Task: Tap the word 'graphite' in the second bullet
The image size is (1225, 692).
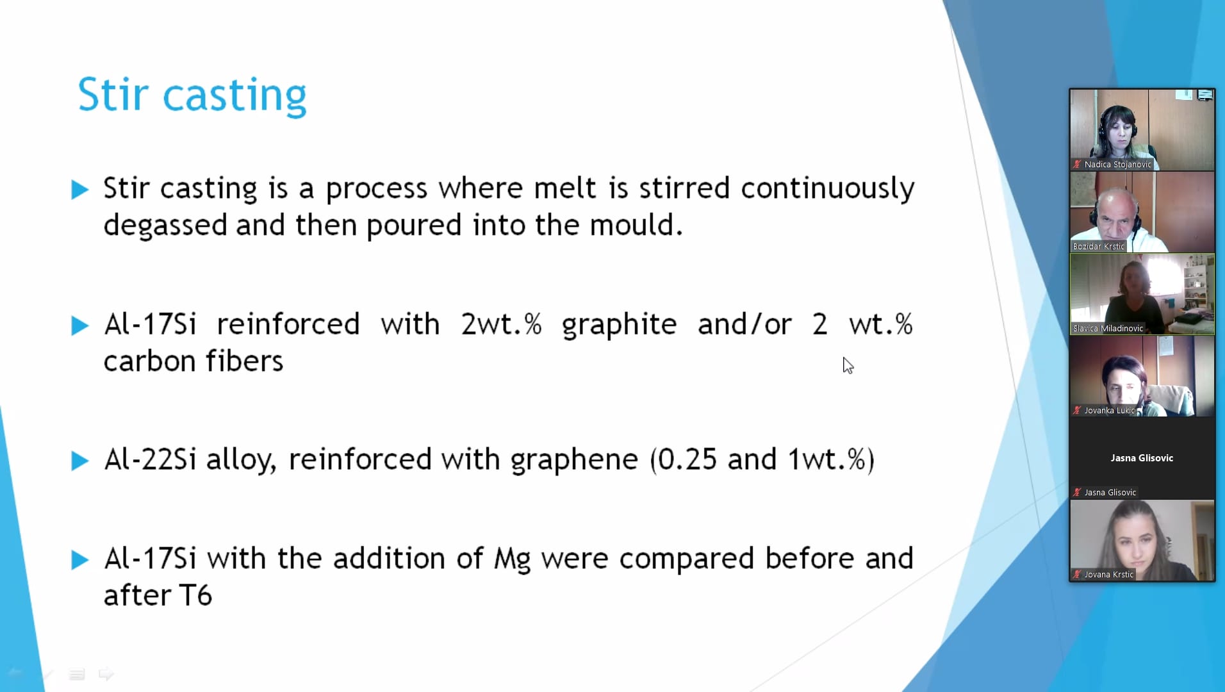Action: (619, 325)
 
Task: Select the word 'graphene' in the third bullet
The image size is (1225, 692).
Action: (574, 460)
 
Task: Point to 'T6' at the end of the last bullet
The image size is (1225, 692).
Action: (195, 595)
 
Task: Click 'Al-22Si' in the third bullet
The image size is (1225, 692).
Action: (150, 459)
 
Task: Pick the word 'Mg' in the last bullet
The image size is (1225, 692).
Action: (512, 559)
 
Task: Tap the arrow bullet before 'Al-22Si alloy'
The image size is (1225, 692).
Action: (80, 461)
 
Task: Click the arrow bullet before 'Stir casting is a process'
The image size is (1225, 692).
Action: (80, 190)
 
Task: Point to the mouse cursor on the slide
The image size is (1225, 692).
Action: (848, 365)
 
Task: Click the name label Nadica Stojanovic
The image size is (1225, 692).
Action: (1117, 165)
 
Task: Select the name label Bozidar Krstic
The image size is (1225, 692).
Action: (1098, 247)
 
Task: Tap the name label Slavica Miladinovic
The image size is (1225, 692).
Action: (1108, 329)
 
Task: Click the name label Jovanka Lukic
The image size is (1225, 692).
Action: (1109, 411)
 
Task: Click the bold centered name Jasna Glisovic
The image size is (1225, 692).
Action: (1142, 458)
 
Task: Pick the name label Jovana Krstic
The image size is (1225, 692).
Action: (1108, 575)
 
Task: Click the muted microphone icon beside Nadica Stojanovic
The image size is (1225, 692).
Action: (1077, 165)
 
